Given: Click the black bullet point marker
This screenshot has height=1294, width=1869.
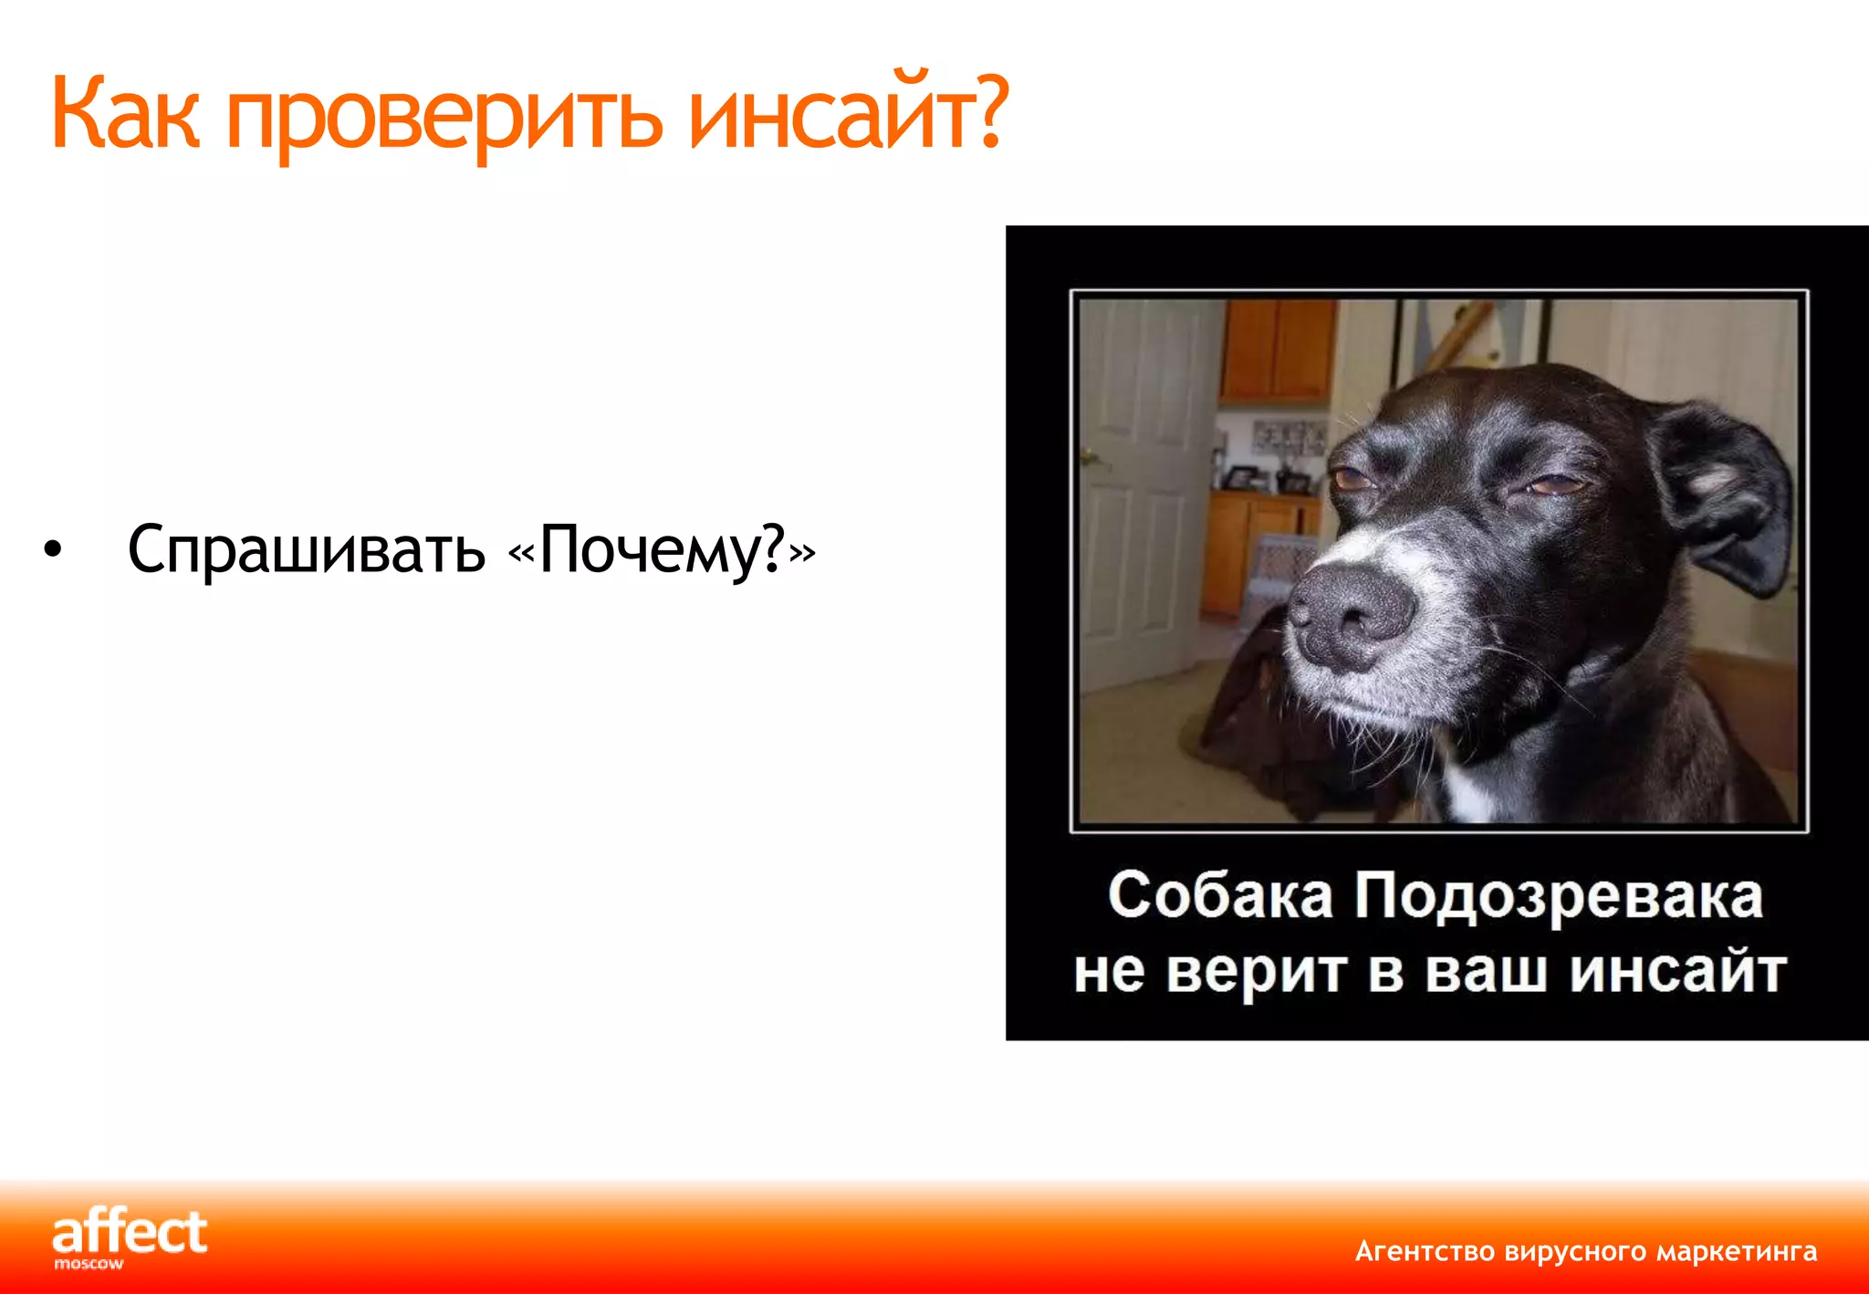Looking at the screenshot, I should (54, 550).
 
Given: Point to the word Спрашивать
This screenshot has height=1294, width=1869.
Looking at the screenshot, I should (307, 550).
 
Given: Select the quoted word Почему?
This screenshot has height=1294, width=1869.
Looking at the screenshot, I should (662, 550).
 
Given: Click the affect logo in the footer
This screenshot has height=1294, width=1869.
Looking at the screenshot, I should (131, 1232).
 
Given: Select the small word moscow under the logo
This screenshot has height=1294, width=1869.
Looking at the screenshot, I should (89, 1265).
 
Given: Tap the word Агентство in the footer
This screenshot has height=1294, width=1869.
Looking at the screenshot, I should (1425, 1251).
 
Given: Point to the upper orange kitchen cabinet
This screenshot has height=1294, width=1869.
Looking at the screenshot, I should (1278, 351).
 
